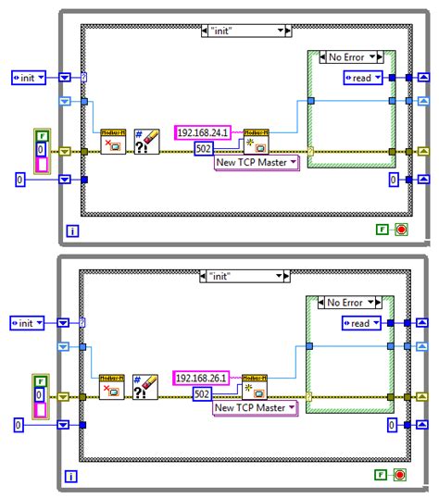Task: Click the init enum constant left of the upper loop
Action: point(31,78)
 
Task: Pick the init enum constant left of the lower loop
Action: point(31,323)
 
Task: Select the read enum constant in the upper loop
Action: point(363,78)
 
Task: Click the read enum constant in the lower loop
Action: point(363,323)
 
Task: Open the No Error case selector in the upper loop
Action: point(350,57)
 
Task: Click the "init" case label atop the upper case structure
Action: point(245,31)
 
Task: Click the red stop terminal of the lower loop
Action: point(400,475)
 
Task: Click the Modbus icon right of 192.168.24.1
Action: point(256,141)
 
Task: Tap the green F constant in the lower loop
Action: point(381,475)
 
